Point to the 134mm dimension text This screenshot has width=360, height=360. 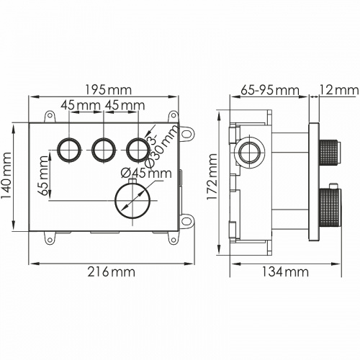coord(284,271)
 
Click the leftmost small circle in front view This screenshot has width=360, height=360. coord(71,149)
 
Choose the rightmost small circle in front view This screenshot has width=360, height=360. coord(137,149)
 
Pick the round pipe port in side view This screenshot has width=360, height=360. coord(251,153)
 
